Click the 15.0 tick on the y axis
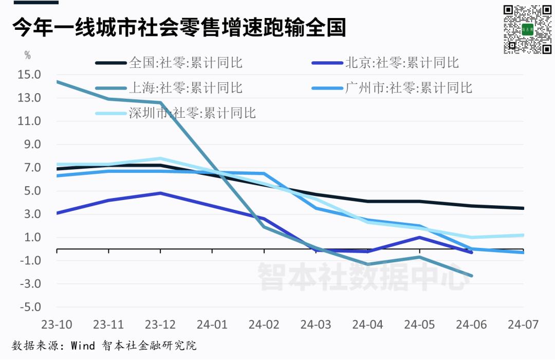point(29,75)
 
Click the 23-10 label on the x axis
point(56,325)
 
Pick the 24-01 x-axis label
point(212,325)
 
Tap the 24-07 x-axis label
point(523,325)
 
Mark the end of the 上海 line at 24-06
point(471,276)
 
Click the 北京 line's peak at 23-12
point(160,193)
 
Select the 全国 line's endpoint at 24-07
point(523,208)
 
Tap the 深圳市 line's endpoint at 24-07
point(523,235)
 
